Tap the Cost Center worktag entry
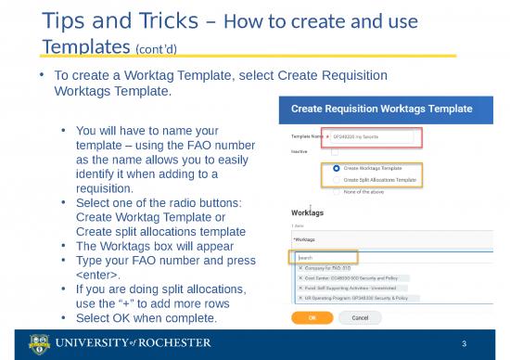tap(351, 277)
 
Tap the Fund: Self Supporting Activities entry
tap(356, 287)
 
